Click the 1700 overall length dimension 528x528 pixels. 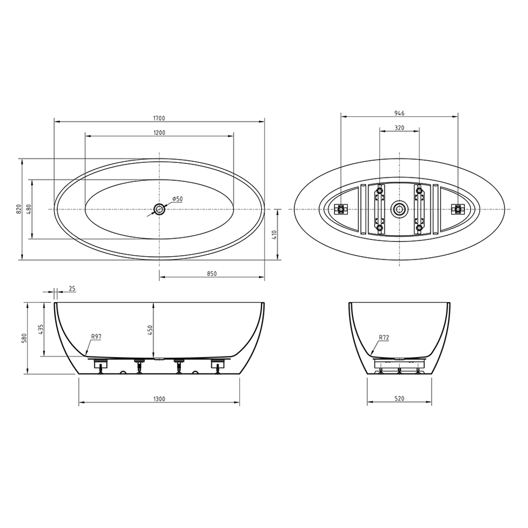(159, 118)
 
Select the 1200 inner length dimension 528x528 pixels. (159, 132)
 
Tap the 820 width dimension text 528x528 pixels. (19, 209)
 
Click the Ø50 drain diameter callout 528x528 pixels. (177, 199)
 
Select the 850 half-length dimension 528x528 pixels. (212, 274)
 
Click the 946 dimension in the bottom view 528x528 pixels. (399, 113)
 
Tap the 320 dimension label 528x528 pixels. (399, 128)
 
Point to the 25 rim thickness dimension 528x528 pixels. (71, 289)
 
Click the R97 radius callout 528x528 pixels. (96, 336)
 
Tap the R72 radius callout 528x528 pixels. (384, 337)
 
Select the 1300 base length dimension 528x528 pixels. (159, 399)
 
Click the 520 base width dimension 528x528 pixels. (399, 399)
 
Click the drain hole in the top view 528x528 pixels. (159, 209)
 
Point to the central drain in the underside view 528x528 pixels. (399, 209)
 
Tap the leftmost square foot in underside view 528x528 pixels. (340, 209)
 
